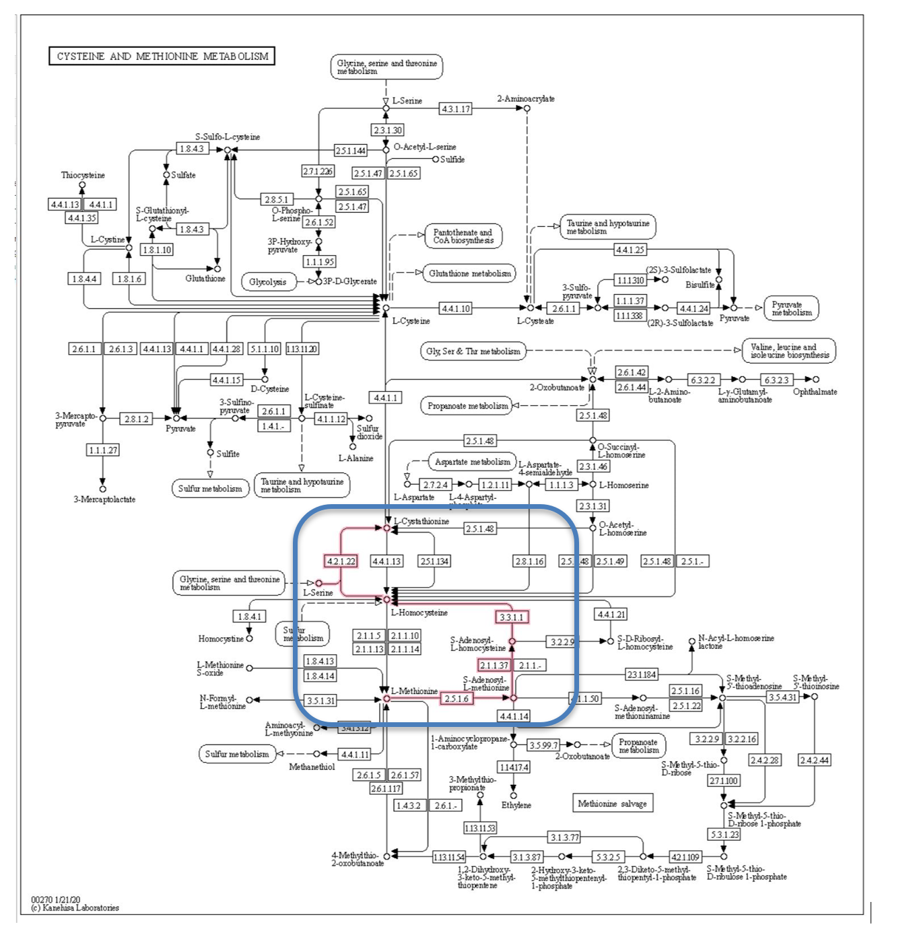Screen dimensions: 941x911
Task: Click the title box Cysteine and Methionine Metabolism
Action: [x=162, y=56]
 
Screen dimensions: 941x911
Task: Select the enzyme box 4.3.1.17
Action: [x=456, y=108]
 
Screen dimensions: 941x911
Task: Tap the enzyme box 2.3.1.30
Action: [x=388, y=130]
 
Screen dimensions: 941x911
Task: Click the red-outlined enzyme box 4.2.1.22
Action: [x=341, y=561]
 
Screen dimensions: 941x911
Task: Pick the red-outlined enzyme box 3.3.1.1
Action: [x=512, y=617]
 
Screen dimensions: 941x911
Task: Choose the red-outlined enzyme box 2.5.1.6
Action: [x=457, y=699]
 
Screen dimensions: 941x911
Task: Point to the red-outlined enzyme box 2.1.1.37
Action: [x=494, y=665]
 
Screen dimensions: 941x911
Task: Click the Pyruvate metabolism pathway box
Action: [x=791, y=308]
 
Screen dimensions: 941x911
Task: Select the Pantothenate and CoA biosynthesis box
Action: [x=463, y=236]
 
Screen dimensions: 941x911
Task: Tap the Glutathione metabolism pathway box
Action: [x=469, y=273]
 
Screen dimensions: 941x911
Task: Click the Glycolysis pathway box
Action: [x=268, y=282]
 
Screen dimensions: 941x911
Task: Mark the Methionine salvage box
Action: [x=612, y=803]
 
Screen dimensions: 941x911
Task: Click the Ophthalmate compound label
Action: [x=815, y=392]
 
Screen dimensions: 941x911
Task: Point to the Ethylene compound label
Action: [x=516, y=805]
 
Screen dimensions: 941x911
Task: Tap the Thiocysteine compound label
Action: [x=83, y=175]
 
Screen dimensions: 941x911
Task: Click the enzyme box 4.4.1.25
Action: [x=630, y=250]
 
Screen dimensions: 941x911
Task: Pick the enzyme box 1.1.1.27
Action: [x=103, y=450]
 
